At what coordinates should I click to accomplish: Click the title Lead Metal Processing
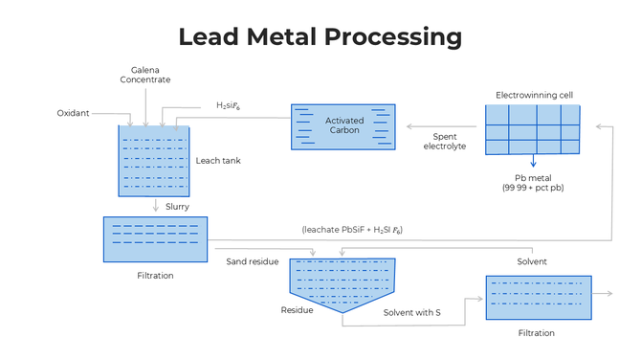tap(320, 37)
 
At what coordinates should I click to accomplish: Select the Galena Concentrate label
tap(145, 75)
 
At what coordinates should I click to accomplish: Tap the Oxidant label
tap(73, 113)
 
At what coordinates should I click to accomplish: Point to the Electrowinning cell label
tap(533, 95)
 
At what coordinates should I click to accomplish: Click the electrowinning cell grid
tap(532, 128)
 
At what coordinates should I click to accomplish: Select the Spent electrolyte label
tap(445, 141)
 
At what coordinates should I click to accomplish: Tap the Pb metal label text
tap(533, 183)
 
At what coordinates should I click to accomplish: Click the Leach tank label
tap(218, 161)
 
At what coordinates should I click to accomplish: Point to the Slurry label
tap(177, 206)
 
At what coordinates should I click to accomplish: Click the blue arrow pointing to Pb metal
tap(533, 162)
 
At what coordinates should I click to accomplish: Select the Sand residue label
tap(253, 260)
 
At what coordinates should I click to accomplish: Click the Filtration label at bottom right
tap(536, 333)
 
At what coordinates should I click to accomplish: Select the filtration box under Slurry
tap(155, 239)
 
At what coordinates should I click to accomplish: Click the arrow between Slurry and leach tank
tap(155, 206)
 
